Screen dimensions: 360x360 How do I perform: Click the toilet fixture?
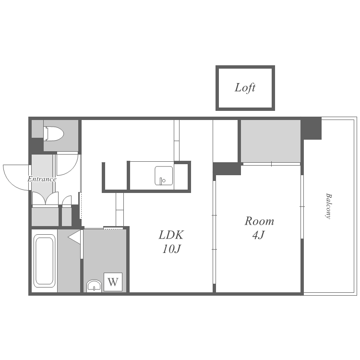pyautogui.click(x=54, y=133)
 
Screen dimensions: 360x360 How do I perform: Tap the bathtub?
pyautogui.click(x=44, y=261)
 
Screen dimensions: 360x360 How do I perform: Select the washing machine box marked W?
pyautogui.click(x=113, y=282)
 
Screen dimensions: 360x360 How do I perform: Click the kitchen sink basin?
pyautogui.click(x=164, y=176)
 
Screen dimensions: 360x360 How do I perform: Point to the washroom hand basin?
pyautogui.click(x=94, y=286)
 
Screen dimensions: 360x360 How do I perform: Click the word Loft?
pyautogui.click(x=245, y=88)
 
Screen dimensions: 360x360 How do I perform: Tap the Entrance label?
pyautogui.click(x=42, y=179)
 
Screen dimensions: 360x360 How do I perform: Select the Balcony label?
pyautogui.click(x=329, y=206)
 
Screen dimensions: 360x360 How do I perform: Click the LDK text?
pyautogui.click(x=171, y=235)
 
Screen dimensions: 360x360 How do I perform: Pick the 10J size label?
pyautogui.click(x=172, y=249)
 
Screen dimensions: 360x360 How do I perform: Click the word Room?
pyautogui.click(x=259, y=221)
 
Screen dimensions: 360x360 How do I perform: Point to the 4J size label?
pyautogui.click(x=259, y=235)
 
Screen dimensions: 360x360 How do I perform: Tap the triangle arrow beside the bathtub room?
pyautogui.click(x=74, y=237)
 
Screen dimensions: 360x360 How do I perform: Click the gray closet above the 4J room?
pyautogui.click(x=271, y=141)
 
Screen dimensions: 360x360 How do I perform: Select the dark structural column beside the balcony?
pyautogui.click(x=311, y=129)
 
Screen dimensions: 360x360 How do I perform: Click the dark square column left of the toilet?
pyautogui.click(x=37, y=146)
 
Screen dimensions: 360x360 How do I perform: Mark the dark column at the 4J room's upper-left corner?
pyautogui.click(x=227, y=169)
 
